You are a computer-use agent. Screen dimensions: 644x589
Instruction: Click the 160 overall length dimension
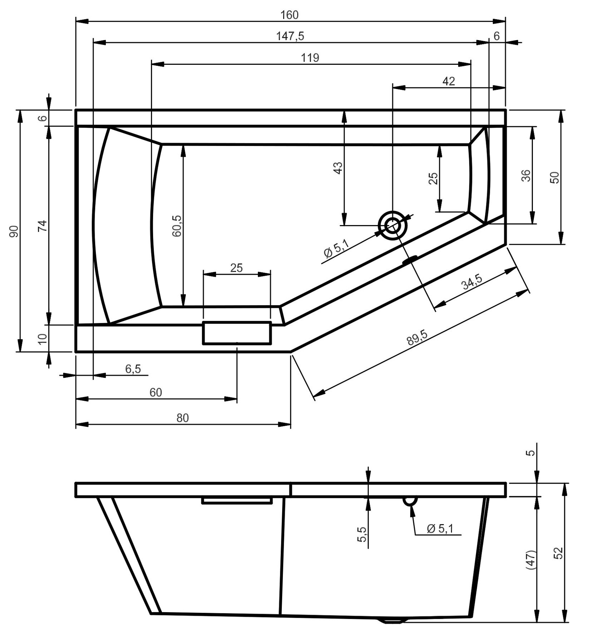coord(290,15)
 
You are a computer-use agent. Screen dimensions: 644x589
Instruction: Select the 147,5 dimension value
coord(290,36)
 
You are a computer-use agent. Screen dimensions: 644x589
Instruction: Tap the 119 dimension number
coord(310,58)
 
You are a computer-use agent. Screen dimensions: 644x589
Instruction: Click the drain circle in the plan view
coord(393,225)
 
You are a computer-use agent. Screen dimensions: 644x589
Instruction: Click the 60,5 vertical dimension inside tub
coord(177,226)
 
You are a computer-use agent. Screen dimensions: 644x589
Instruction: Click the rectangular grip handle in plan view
coord(237,333)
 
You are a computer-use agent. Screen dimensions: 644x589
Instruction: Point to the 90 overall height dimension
coord(13,231)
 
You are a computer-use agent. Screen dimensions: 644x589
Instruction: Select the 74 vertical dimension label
coord(42,226)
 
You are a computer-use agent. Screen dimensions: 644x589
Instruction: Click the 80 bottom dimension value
coord(182,418)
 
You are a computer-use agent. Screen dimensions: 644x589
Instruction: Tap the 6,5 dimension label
coord(133,369)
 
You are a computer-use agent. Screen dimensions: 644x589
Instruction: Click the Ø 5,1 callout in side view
coord(440,528)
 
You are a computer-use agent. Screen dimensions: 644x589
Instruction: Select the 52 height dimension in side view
coord(560,553)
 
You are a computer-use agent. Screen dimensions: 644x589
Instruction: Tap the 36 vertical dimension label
coord(526,175)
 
